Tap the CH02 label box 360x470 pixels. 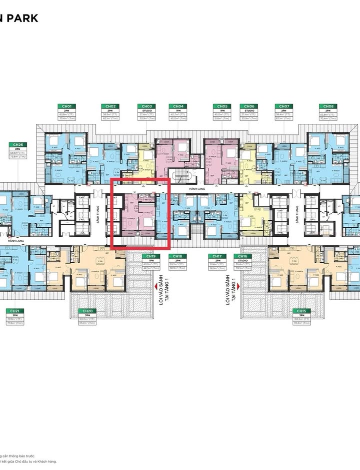110,106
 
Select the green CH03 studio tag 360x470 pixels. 146,106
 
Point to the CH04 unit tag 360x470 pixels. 177,106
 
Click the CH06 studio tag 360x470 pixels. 248,106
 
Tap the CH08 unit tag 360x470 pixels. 328,106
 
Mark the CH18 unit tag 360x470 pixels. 177,256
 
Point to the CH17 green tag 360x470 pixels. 216,256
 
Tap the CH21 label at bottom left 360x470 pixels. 14,311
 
